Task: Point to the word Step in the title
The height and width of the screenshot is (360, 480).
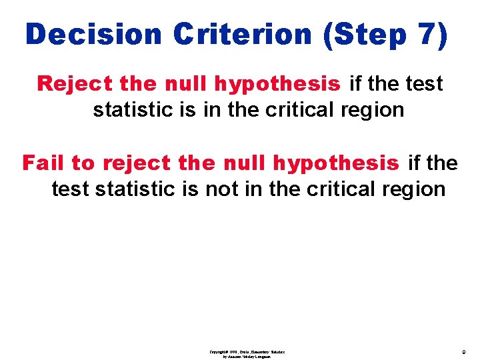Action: (368, 35)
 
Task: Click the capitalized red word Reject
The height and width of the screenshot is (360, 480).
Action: (75, 84)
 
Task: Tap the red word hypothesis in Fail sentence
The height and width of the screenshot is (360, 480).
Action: (336, 163)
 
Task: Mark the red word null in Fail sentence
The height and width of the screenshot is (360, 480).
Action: (245, 163)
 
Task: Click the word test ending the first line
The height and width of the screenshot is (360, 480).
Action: (424, 84)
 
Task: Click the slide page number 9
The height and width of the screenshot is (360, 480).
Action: (463, 351)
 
